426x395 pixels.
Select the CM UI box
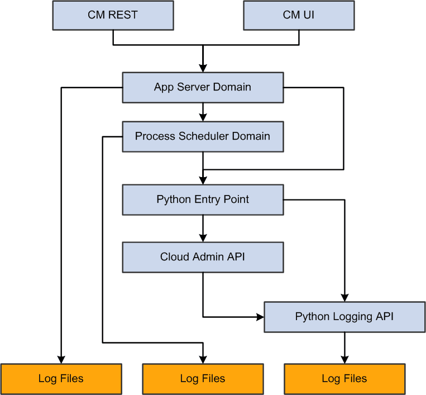click(x=299, y=15)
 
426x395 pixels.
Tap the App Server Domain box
click(x=203, y=87)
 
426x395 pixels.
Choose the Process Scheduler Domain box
click(x=203, y=136)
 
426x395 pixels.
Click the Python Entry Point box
click(x=203, y=199)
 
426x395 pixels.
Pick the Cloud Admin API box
click(x=203, y=257)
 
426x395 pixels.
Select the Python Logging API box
click(x=344, y=317)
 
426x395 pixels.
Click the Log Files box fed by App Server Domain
click(x=61, y=379)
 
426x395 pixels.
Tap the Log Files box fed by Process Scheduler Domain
click(x=203, y=379)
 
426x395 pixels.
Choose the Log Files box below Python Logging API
click(x=344, y=379)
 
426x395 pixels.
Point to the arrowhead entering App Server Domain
click(x=203, y=68)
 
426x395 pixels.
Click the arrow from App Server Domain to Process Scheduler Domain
click(x=203, y=112)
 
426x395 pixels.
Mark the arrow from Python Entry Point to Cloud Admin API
click(x=203, y=228)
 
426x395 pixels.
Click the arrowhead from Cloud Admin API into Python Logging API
click(x=260, y=317)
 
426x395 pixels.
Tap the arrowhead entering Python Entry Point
click(x=203, y=180)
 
